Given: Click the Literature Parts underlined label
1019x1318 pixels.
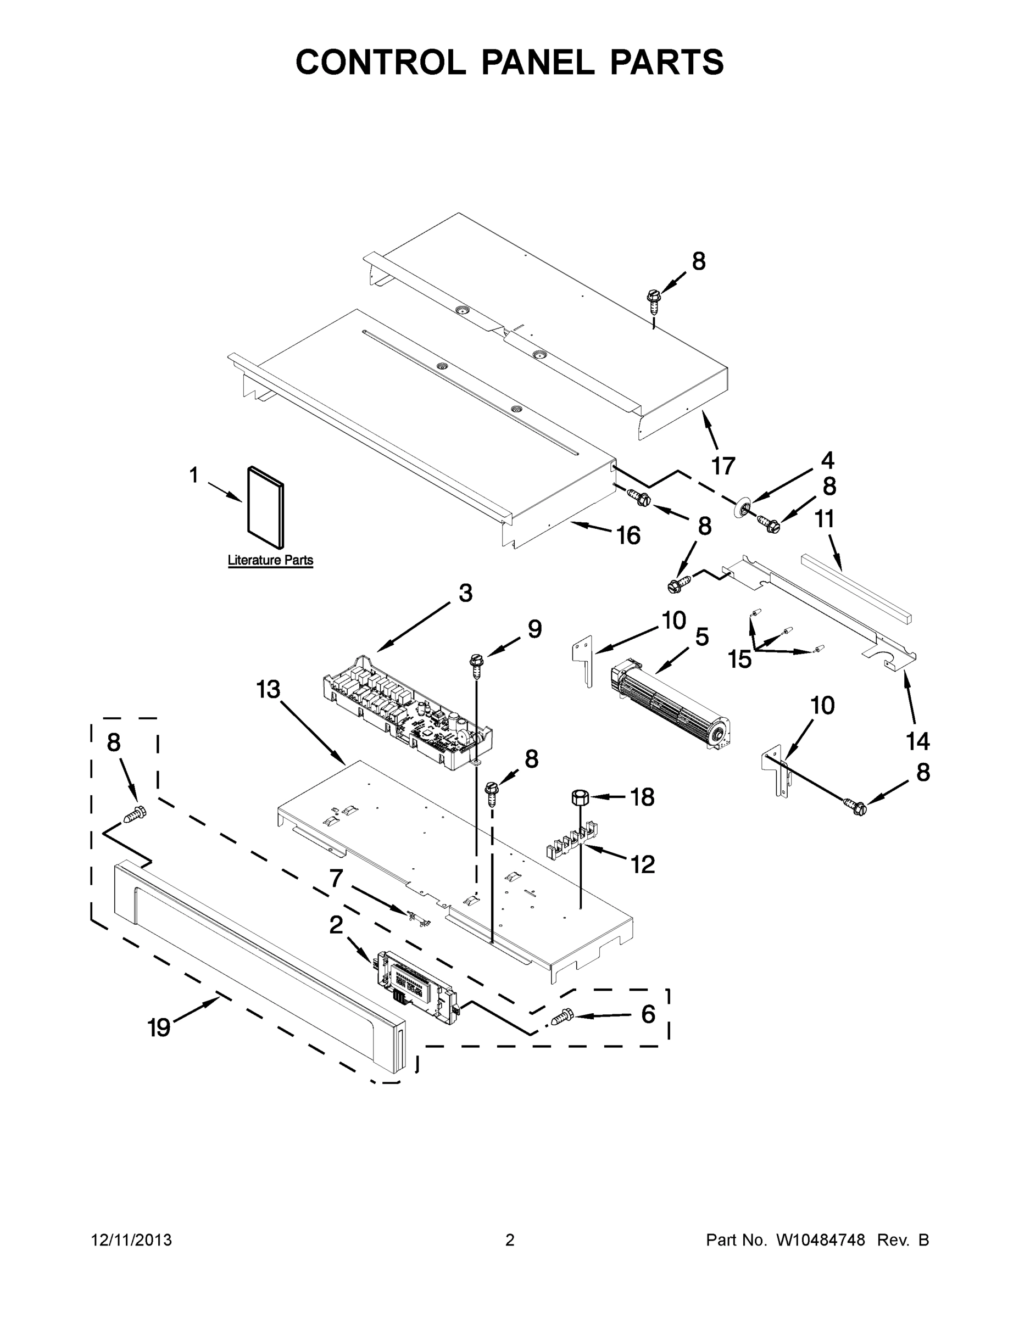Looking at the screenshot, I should point(270,560).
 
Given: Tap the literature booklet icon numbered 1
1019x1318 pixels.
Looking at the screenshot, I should point(266,507).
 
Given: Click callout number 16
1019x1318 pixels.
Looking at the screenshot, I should point(628,535).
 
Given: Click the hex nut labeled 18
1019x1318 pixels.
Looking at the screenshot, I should point(580,797).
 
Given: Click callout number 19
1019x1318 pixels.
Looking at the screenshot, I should point(159,1026).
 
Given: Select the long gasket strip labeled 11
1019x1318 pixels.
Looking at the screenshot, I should point(856,588).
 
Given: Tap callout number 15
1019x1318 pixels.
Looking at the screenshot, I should point(739,659).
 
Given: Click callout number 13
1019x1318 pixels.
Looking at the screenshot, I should point(268,689).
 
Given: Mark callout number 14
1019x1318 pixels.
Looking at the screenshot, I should point(917,741).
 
